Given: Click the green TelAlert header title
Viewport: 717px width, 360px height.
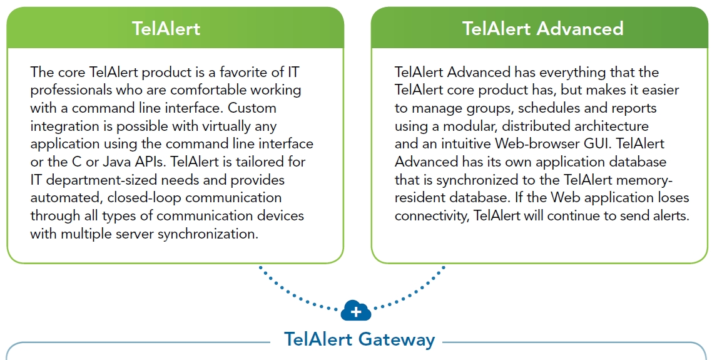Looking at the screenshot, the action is coord(166,28).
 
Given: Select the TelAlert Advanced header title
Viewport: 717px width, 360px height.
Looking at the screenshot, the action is coord(543,28).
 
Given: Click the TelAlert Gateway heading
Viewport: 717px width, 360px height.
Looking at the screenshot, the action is coord(359,339).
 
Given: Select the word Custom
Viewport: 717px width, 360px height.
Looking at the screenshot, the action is coord(252,108).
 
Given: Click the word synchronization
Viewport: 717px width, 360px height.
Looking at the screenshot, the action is coord(208,234).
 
